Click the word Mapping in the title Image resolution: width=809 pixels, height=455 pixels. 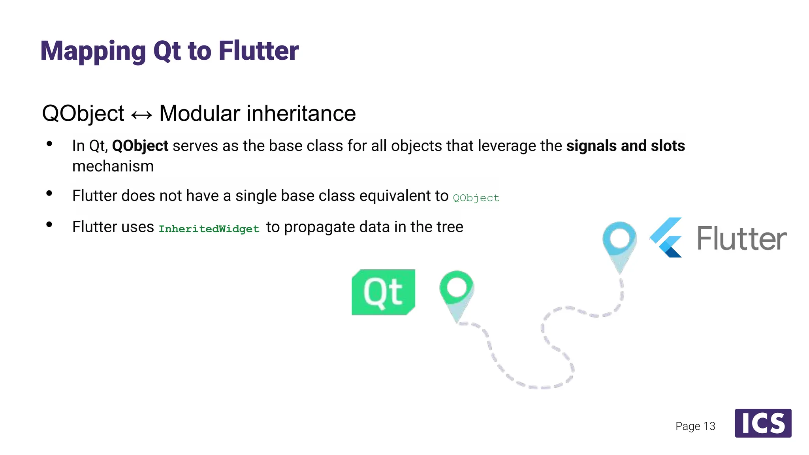pos(93,51)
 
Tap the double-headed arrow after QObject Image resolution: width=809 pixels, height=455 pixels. pos(141,115)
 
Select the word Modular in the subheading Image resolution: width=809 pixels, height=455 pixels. pos(199,113)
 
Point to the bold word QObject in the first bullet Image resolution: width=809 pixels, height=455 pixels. pos(140,146)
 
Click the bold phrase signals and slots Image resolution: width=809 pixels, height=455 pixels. pos(625,146)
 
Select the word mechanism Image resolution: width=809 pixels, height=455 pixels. pos(113,166)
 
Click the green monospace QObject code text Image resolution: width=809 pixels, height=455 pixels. pos(476,197)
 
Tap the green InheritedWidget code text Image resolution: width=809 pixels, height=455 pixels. pos(209,229)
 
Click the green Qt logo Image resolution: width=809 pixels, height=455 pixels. pos(383,292)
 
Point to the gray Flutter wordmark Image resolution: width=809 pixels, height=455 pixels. pos(741,239)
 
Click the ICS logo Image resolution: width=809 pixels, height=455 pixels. pos(763,423)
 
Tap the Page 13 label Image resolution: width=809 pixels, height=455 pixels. pos(695,426)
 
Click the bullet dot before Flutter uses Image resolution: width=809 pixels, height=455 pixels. pos(49,225)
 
